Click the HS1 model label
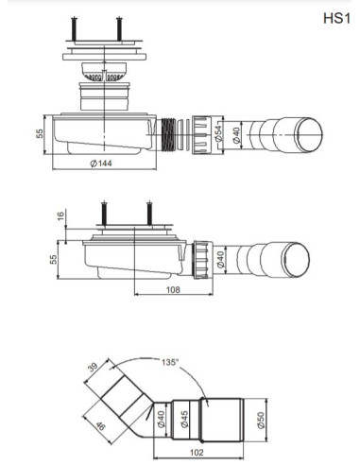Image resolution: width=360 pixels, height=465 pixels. coord(336,18)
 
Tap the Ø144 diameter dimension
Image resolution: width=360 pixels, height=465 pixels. coord(101,164)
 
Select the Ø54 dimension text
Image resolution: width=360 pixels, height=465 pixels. coord(218,133)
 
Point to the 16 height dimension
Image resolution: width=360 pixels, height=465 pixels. coord(60,215)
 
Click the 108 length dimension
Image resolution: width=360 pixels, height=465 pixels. coord(173,289)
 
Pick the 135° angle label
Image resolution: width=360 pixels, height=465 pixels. coord(170,362)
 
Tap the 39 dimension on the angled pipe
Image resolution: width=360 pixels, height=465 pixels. coord(93,368)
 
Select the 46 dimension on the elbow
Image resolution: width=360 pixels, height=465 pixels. coord(100,426)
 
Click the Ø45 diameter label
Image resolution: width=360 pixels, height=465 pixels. coord(184,419)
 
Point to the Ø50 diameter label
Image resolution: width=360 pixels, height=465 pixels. coord(261,421)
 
